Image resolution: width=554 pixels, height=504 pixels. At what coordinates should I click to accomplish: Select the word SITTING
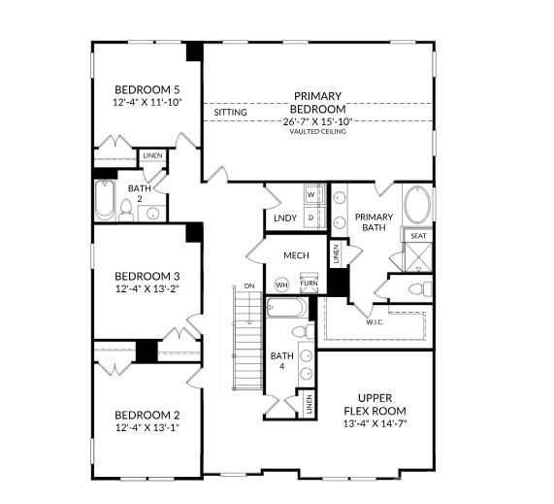pos(230,113)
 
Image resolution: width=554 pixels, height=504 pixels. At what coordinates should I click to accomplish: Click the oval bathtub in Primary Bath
pos(419,206)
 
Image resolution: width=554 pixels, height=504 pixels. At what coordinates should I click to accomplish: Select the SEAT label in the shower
pos(418,236)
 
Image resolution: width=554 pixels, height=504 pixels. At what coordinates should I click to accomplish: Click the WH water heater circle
pos(282,285)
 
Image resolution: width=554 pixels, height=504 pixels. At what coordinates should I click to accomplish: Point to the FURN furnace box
pos(309,284)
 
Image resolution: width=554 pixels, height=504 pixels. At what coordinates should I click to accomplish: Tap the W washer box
pos(311,194)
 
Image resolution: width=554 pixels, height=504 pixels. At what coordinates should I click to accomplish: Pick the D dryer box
pos(311,218)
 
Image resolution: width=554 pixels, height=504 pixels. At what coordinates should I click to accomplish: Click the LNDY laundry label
pos(284,218)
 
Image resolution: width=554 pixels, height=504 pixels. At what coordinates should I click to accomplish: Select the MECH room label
pos(295,255)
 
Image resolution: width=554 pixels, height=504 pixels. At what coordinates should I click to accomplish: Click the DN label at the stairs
pos(249,286)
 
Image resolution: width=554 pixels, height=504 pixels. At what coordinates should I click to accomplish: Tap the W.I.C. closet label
pos(374,321)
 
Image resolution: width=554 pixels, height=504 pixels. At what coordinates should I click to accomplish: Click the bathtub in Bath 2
pos(105,203)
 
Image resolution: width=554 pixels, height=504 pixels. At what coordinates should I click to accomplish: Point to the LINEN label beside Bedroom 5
pos(152,156)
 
